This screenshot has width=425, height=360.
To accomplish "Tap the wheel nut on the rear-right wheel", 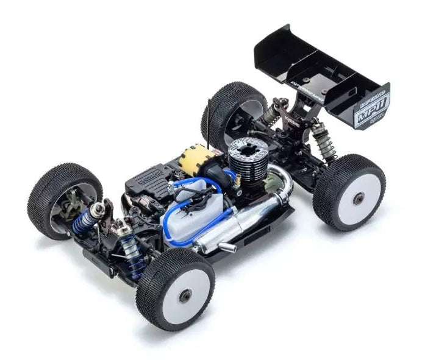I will click(359, 197).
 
